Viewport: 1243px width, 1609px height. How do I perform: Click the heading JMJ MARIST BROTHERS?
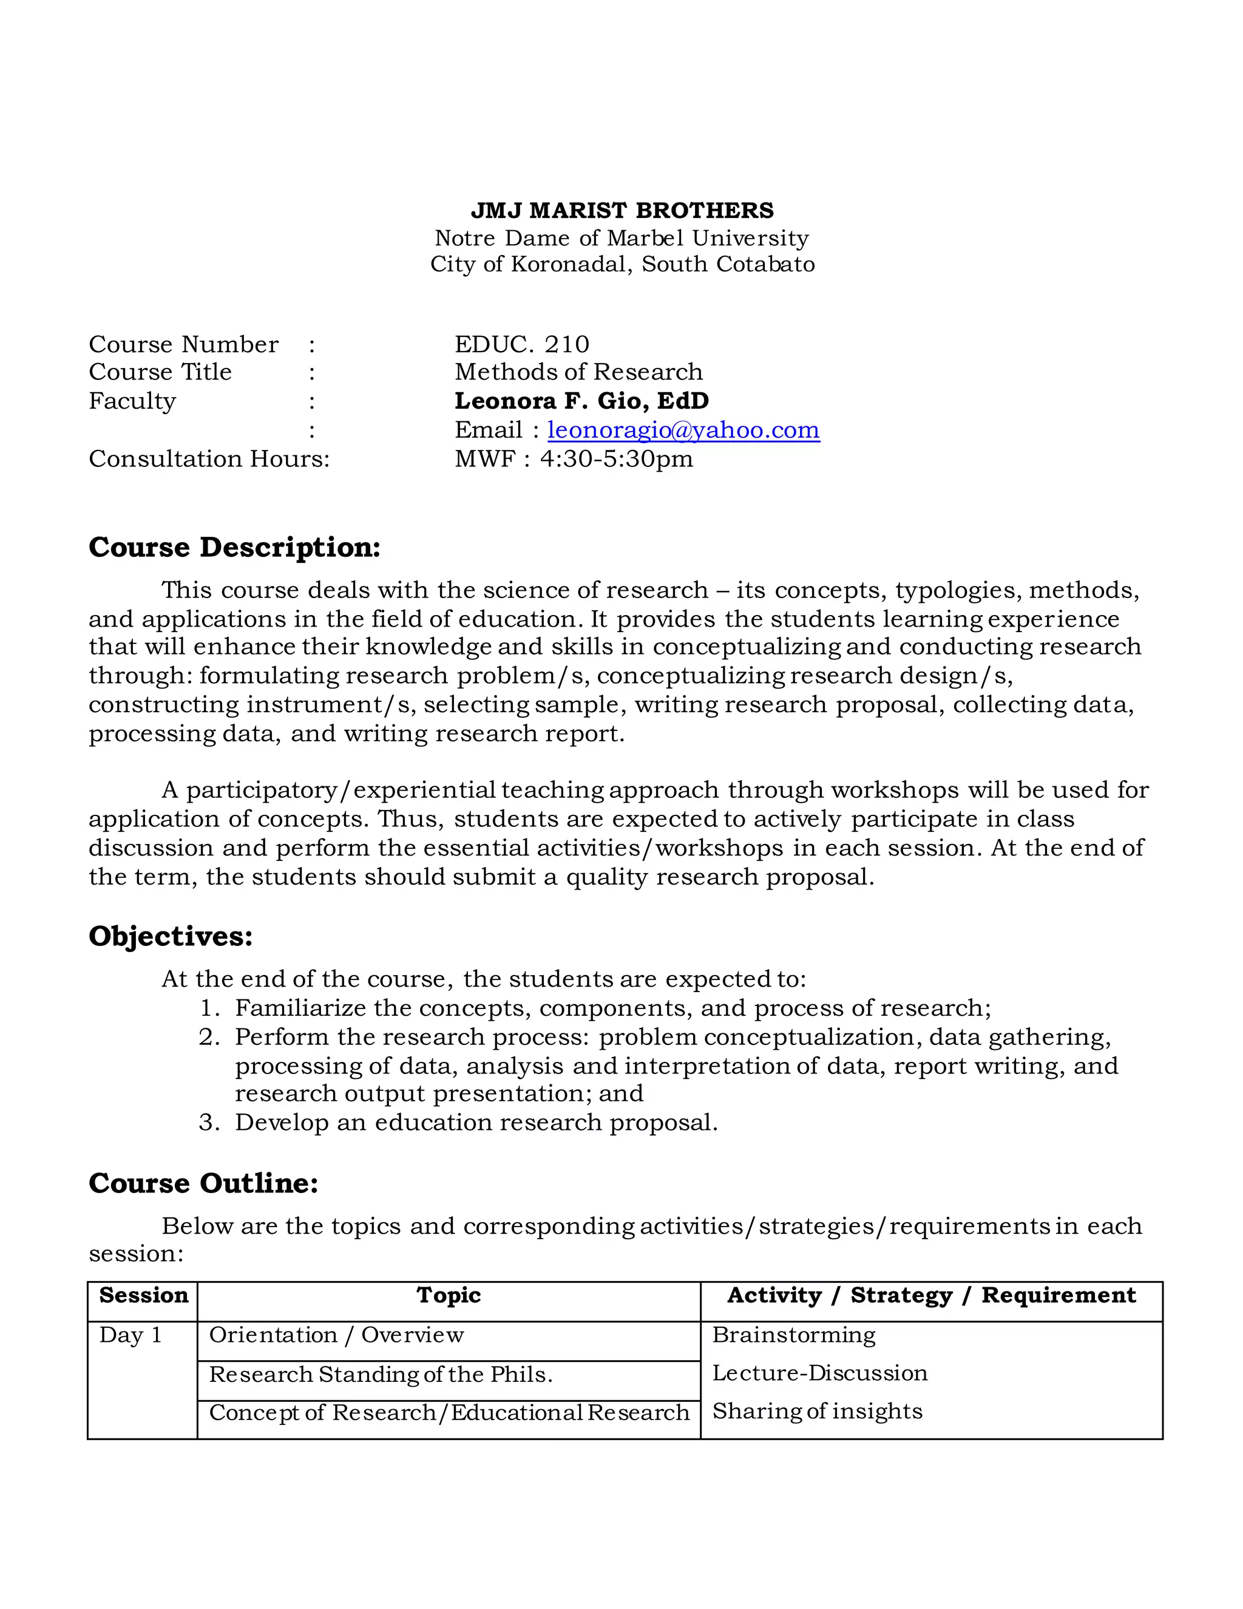point(621,211)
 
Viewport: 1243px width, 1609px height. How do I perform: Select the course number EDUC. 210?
point(521,344)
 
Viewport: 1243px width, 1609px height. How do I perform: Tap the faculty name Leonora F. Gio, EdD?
point(581,401)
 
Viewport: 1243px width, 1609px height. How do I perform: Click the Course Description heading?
point(234,548)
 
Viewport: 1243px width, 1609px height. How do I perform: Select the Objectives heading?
point(170,936)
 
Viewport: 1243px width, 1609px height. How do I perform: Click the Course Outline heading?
point(203,1183)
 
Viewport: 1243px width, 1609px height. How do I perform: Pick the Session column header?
point(144,1295)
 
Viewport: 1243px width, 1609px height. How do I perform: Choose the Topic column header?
point(449,1295)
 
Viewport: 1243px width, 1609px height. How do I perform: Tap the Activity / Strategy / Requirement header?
point(931,1295)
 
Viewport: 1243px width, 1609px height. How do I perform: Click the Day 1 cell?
point(130,1335)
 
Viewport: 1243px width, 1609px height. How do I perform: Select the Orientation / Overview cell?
point(336,1335)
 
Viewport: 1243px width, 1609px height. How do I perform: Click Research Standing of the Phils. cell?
point(381,1375)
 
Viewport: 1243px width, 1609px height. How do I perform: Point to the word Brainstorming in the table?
point(794,1335)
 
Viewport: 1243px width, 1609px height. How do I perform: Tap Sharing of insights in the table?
point(817,1411)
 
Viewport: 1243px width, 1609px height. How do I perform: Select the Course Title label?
point(160,372)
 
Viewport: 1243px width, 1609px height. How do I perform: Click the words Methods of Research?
point(578,372)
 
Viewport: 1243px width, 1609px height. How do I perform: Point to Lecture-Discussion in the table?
point(819,1373)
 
